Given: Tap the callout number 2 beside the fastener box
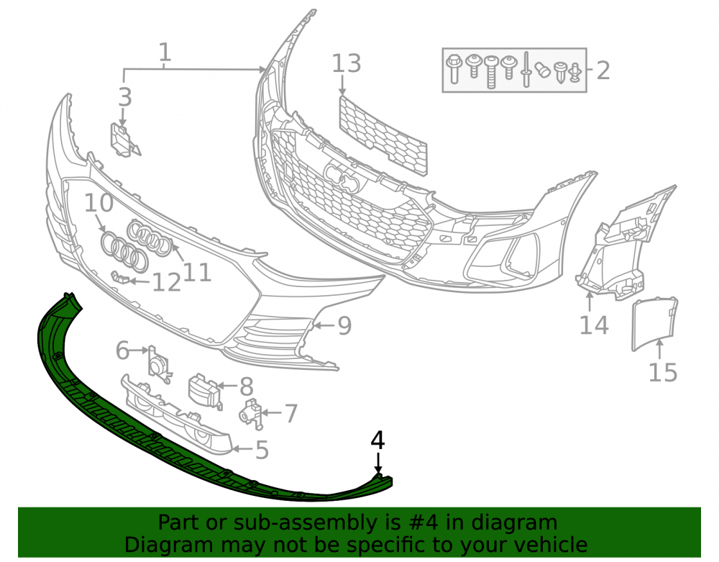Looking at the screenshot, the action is click(603, 71).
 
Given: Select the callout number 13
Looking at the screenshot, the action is click(347, 63).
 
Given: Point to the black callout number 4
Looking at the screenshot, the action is click(377, 440).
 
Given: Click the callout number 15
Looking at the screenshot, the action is click(663, 372).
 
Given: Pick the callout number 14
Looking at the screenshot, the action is click(595, 325).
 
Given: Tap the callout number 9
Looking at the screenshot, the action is click(344, 325).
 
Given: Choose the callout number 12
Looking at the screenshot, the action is click(167, 282).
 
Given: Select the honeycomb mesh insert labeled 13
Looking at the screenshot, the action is click(383, 136).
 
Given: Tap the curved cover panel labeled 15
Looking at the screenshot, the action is click(655, 323).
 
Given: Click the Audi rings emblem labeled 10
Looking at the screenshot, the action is click(124, 251).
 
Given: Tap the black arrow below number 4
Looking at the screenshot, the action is click(378, 463).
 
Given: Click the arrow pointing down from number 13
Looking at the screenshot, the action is click(342, 86).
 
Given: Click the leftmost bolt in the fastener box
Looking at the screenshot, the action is click(454, 69).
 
